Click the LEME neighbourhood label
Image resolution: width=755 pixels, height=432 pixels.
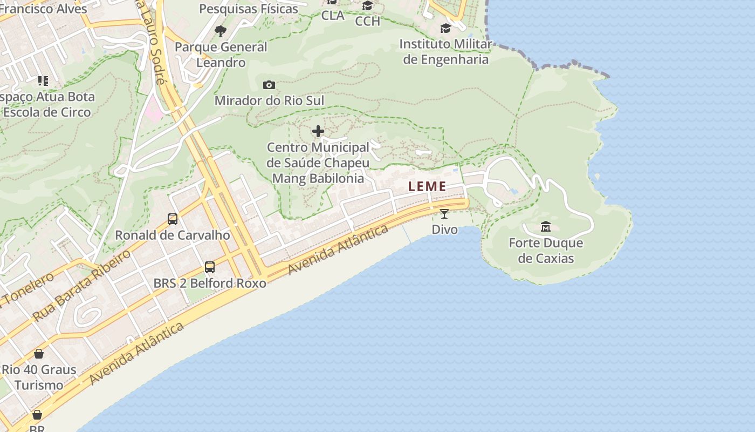tap(427, 187)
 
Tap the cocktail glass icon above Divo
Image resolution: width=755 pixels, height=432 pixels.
tap(444, 214)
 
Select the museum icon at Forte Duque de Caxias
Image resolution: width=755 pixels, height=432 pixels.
tap(546, 226)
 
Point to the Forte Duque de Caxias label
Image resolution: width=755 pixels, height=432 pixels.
tap(546, 251)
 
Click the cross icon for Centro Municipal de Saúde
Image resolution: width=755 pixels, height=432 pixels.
tap(318, 131)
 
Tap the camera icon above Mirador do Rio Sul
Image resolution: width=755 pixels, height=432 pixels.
tap(269, 85)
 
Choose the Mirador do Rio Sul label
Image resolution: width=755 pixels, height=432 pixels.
tap(270, 101)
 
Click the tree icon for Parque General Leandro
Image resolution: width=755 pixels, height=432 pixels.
tap(220, 31)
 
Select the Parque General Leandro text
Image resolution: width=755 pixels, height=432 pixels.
tap(221, 55)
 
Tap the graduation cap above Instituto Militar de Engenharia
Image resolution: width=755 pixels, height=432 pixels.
tap(445, 28)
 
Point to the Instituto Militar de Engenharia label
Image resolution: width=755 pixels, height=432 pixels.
tap(446, 52)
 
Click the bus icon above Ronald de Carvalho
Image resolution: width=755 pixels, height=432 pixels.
tap(173, 219)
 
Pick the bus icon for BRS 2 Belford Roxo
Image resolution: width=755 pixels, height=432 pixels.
tap(210, 267)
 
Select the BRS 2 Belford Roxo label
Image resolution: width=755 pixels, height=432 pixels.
tap(210, 283)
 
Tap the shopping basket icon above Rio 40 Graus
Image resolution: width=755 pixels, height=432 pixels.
tap(39, 354)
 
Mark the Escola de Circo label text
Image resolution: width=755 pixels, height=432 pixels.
tap(47, 112)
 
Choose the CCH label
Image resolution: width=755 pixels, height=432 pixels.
tap(368, 21)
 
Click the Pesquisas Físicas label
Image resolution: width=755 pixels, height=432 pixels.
tap(249, 9)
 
